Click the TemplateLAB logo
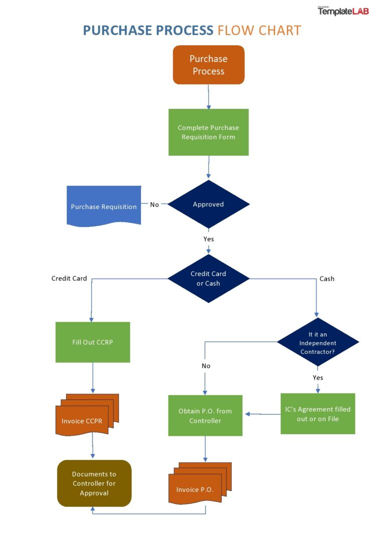(x=343, y=11)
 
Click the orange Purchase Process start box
(x=209, y=65)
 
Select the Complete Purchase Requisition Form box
(x=209, y=132)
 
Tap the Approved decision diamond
(x=209, y=204)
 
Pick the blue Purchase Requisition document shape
(x=104, y=206)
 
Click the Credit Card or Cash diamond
(x=209, y=279)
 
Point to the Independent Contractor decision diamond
(x=318, y=343)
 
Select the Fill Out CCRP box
(x=93, y=343)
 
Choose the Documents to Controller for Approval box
(x=94, y=483)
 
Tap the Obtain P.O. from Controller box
(x=205, y=416)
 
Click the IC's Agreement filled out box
(x=317, y=414)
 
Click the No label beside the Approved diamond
(x=154, y=204)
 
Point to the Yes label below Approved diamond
(x=209, y=239)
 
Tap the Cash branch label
(x=327, y=279)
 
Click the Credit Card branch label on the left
(x=69, y=279)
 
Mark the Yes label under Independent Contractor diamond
(x=318, y=377)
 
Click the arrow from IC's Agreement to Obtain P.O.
(x=262, y=414)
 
